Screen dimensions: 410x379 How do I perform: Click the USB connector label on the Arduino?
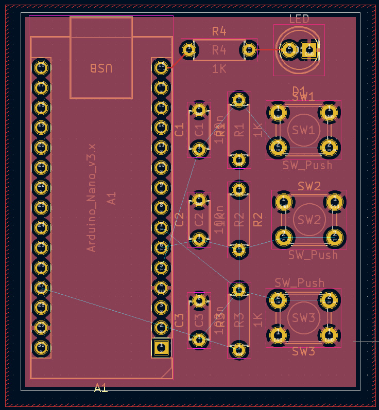pyautogui.click(x=101, y=68)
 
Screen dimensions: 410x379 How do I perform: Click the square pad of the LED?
pyautogui.click(x=309, y=50)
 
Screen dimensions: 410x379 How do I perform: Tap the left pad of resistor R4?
pyautogui.click(x=189, y=50)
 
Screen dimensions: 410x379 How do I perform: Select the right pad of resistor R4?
pyautogui.click(x=249, y=50)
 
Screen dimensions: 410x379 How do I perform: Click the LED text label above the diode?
pyautogui.click(x=299, y=20)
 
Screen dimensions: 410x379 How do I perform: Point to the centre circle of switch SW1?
pyautogui.click(x=303, y=130)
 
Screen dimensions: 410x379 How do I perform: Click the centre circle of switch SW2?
pyautogui.click(x=309, y=219)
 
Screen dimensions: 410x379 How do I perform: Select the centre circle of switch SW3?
pyautogui.click(x=303, y=318)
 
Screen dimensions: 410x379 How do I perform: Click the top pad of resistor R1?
pyautogui.click(x=239, y=100)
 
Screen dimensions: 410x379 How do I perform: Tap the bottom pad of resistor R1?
pyautogui.click(x=239, y=159)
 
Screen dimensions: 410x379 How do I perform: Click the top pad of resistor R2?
pyautogui.click(x=239, y=190)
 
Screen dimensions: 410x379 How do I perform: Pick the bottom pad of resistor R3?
pyautogui.click(x=239, y=349)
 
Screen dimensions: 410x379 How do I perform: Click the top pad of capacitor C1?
pyautogui.click(x=199, y=110)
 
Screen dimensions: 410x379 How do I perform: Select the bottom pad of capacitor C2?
pyautogui.click(x=199, y=238)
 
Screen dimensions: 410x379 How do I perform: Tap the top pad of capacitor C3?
pyautogui.click(x=199, y=300)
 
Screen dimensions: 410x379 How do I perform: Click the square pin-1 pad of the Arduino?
pyautogui.click(x=161, y=347)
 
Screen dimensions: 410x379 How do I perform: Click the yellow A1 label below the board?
pyautogui.click(x=101, y=388)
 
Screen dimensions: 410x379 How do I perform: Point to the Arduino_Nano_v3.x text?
pyautogui.click(x=92, y=198)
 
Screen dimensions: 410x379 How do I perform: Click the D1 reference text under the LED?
pyautogui.click(x=299, y=90)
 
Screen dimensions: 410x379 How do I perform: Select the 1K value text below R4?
pyautogui.click(x=219, y=68)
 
